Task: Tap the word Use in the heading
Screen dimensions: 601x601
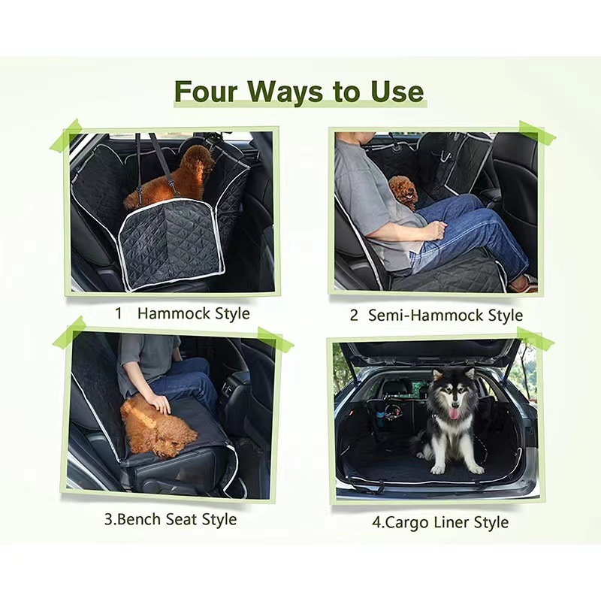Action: pos(395,92)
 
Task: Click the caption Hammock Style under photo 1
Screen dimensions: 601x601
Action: pos(193,313)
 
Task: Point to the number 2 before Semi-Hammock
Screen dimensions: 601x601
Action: pos(354,316)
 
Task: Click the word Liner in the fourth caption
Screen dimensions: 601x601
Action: pos(451,522)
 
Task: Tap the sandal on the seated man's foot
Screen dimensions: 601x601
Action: pos(524,283)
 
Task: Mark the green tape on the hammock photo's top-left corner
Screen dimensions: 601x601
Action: pos(65,135)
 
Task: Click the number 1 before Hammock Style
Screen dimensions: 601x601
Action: pos(118,313)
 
